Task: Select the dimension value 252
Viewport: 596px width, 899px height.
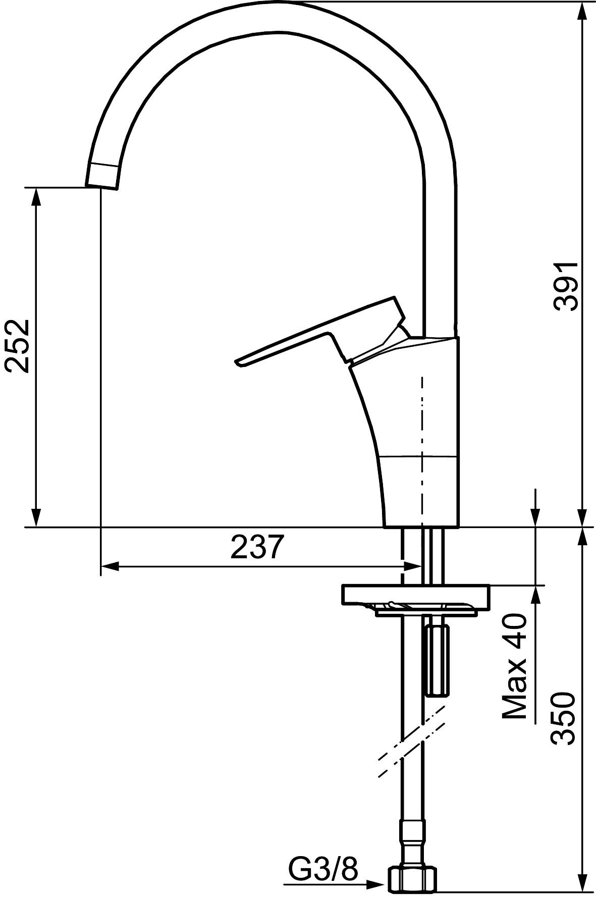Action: pyautogui.click(x=17, y=345)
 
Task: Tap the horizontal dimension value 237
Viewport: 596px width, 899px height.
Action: pyautogui.click(x=255, y=548)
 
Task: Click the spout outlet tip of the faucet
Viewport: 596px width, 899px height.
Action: pyautogui.click(x=103, y=182)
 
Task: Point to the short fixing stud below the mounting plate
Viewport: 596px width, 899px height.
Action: pyautogui.click(x=437, y=661)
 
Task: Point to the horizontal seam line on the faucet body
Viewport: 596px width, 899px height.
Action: pyautogui.click(x=419, y=457)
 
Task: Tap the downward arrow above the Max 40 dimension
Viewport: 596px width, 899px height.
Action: pyautogui.click(x=535, y=517)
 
